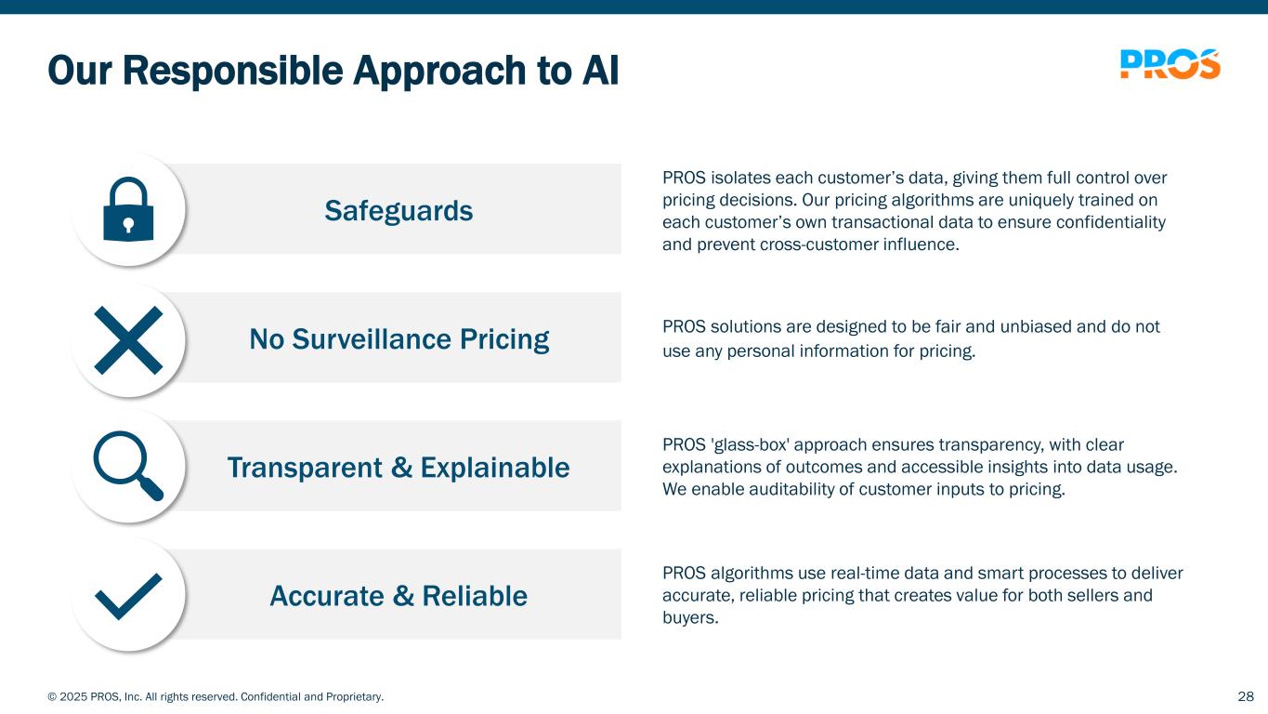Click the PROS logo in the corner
coord(1170,64)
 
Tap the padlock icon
coord(128,210)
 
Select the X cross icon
coord(128,340)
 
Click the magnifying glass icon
coord(128,466)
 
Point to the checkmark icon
coord(128,596)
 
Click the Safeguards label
coord(399,211)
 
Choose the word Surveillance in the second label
coord(372,338)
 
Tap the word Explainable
coord(495,468)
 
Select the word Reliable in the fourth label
coord(475,596)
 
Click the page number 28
coord(1246,696)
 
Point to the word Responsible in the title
coord(232,71)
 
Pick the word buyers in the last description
coord(690,617)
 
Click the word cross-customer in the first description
coord(818,245)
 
